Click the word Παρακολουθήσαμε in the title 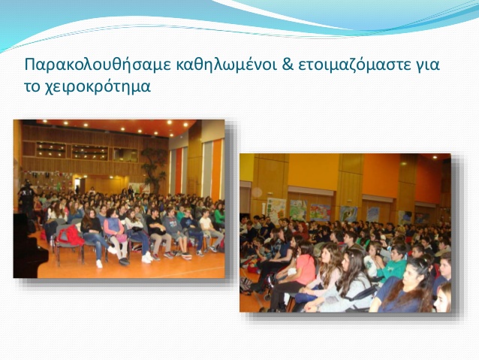point(98,65)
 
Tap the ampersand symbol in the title point(288,65)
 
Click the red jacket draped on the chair point(70,235)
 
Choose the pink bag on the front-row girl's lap point(122,237)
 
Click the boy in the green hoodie point(393,263)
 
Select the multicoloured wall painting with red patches point(320,212)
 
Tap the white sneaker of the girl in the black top point(99,264)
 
